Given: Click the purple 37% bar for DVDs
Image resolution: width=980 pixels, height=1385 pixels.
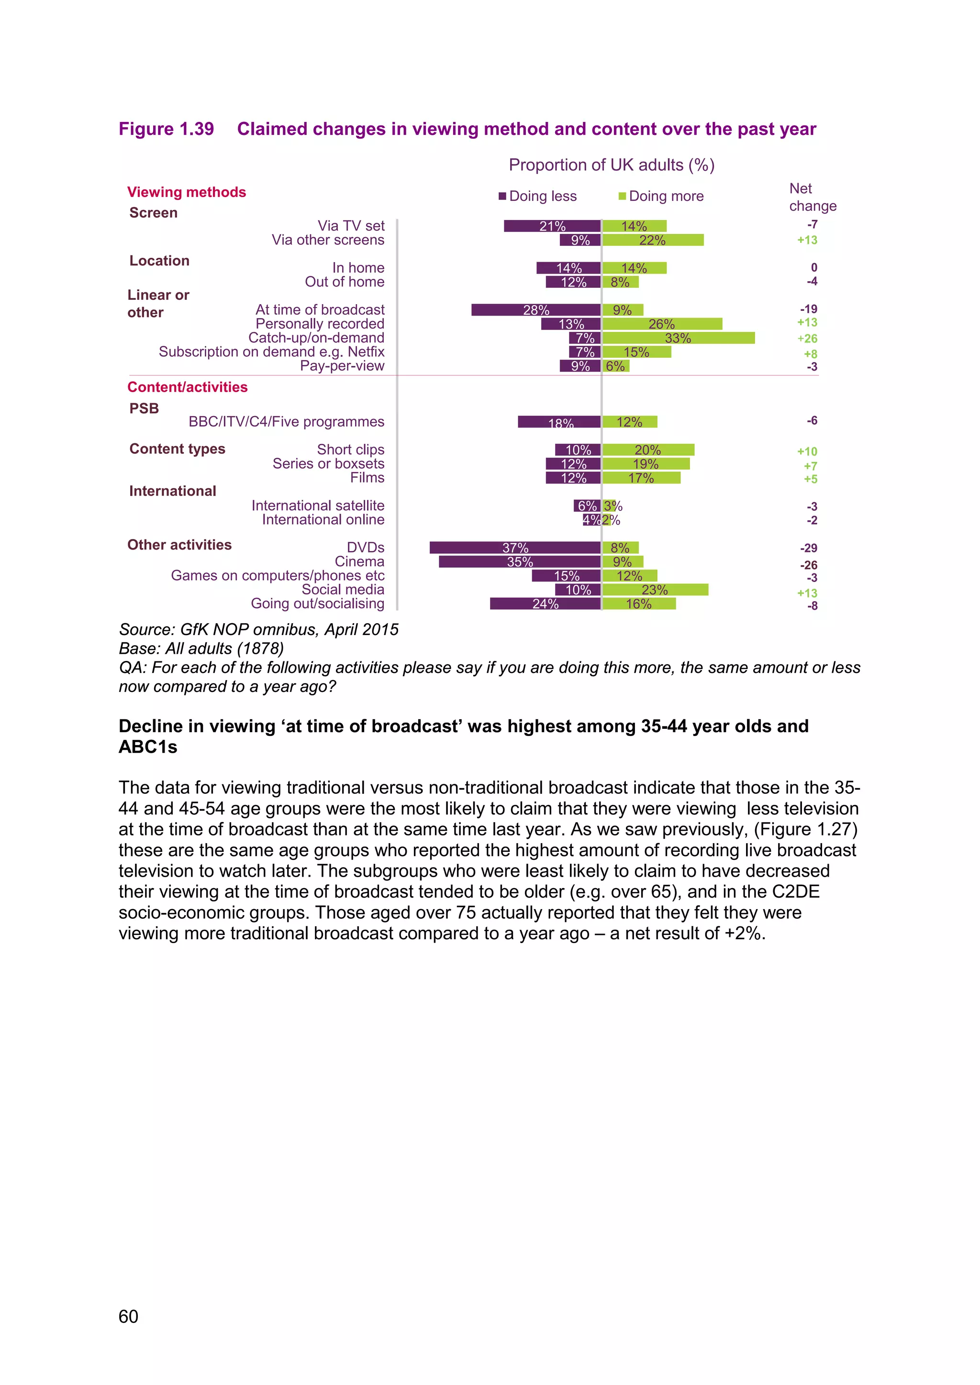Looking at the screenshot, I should (515, 547).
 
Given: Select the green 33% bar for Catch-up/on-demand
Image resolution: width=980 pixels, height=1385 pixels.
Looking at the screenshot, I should (678, 338).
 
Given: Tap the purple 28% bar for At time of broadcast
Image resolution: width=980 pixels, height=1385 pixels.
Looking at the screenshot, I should (536, 309).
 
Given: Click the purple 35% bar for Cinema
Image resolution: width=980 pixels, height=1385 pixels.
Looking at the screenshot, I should (520, 561).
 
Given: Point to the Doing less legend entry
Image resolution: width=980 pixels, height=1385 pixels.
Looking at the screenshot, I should (538, 196).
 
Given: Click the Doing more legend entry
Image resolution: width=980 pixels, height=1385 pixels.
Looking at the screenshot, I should (661, 196).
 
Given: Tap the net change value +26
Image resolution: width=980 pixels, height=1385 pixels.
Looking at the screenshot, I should (807, 339).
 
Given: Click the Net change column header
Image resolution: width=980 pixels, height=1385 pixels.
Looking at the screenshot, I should (812, 197).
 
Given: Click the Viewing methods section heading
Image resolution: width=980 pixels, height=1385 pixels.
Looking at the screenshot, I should (187, 192).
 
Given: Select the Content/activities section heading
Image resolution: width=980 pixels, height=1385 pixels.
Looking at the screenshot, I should (187, 387).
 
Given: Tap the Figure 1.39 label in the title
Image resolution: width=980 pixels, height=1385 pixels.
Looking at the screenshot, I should (166, 129).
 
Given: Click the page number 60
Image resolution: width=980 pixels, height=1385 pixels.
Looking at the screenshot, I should (129, 1316).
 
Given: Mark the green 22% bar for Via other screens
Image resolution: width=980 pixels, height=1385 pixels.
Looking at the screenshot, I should (652, 240).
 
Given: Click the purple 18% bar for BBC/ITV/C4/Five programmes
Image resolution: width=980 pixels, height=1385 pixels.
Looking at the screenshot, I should (559, 422).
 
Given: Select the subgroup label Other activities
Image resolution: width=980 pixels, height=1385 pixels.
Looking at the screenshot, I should (179, 545).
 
